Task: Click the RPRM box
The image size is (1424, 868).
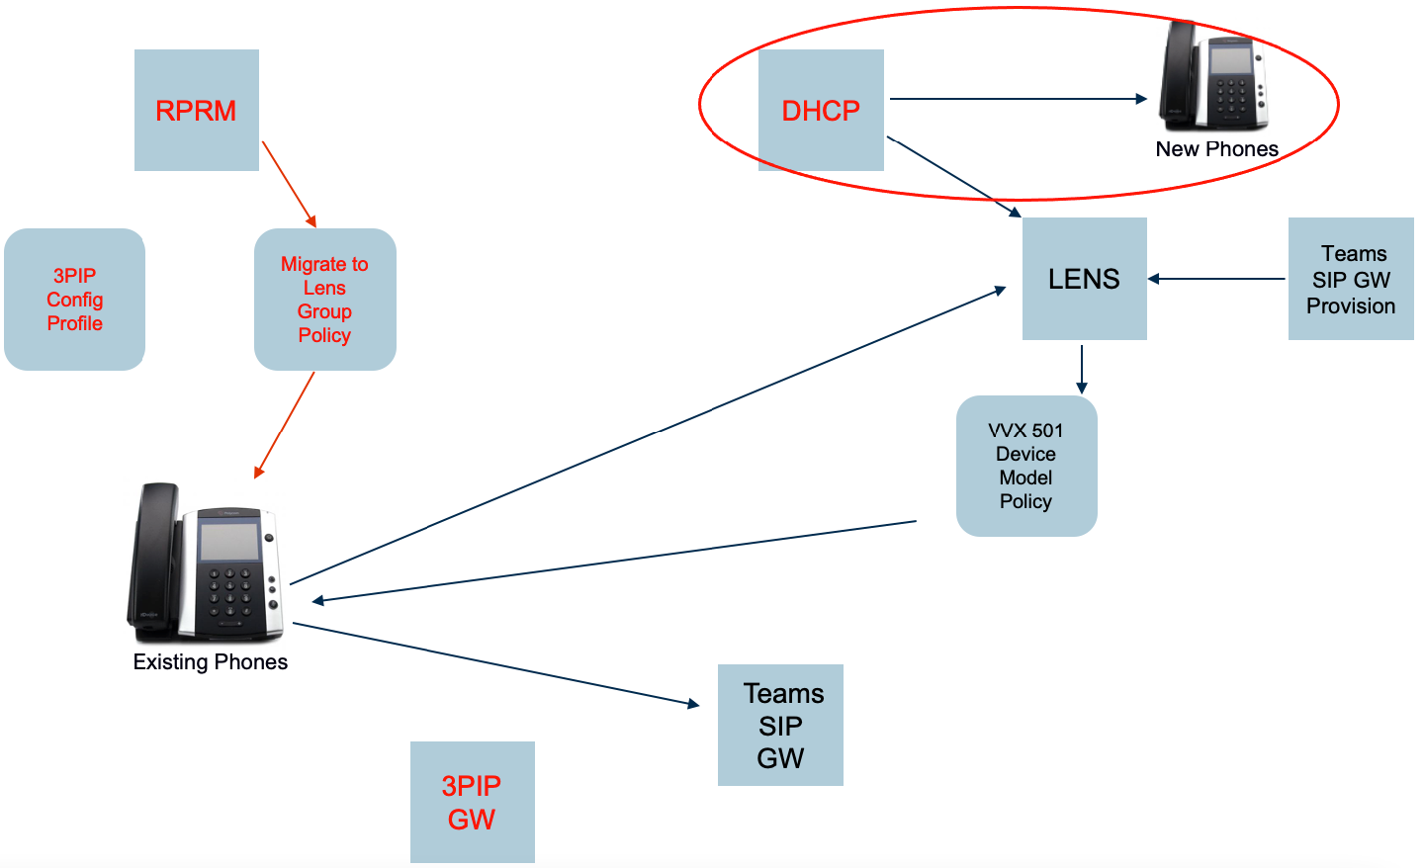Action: click(196, 110)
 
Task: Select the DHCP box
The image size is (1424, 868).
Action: click(821, 110)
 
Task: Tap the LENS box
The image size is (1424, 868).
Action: click(1084, 279)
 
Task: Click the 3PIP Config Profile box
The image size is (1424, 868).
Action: click(75, 300)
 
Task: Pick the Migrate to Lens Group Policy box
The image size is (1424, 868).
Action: click(324, 300)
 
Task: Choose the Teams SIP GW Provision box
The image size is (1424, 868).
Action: click(1351, 279)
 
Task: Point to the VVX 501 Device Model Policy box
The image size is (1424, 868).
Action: click(1026, 466)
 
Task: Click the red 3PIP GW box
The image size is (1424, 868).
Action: click(472, 802)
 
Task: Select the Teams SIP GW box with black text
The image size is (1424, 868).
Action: click(780, 725)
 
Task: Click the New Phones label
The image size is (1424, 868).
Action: click(1216, 149)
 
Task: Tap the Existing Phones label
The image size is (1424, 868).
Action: click(210, 662)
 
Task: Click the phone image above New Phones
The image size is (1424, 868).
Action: click(1214, 76)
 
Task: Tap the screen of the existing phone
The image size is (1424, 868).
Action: click(229, 541)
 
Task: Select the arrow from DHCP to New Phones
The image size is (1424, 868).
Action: click(1019, 99)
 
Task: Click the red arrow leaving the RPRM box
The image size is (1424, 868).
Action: click(289, 184)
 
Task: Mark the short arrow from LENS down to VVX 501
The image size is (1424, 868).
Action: click(1082, 369)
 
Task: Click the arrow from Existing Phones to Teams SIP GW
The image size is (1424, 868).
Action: click(494, 663)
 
